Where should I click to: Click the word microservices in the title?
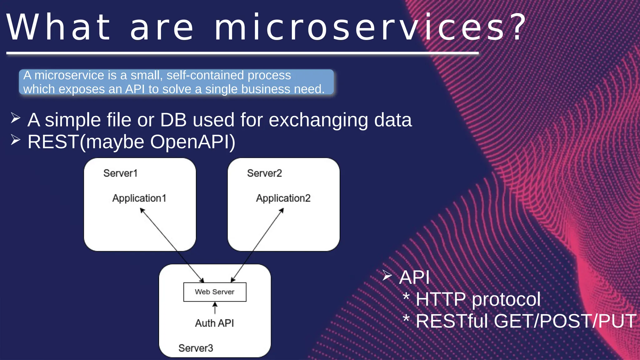click(x=359, y=27)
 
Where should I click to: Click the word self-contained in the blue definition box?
click(x=205, y=75)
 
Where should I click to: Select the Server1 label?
click(x=120, y=173)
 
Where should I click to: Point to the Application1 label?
click(x=139, y=198)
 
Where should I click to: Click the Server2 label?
click(x=264, y=173)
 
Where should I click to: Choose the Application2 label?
click(x=283, y=198)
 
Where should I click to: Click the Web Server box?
click(x=215, y=292)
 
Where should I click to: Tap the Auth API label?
click(x=214, y=323)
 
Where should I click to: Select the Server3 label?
click(x=196, y=348)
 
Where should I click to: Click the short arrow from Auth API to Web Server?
click(x=215, y=308)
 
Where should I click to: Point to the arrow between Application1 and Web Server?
click(x=172, y=245)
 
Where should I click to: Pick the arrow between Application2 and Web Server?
click(x=257, y=245)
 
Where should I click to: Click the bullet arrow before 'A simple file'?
click(x=15, y=118)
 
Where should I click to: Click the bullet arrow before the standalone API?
click(x=387, y=275)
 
